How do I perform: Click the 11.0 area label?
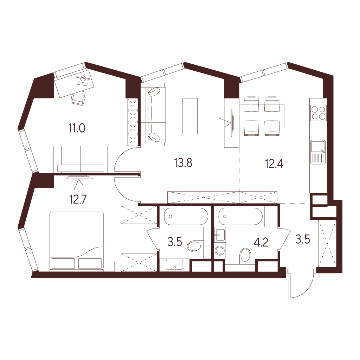click(77, 128)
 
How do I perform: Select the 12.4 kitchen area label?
click(274, 164)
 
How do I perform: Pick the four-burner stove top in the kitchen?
click(318, 113)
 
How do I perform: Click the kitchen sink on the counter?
click(318, 152)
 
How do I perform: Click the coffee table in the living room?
click(190, 116)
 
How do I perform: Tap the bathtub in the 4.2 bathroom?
click(240, 217)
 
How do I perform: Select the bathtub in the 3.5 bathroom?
click(186, 216)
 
